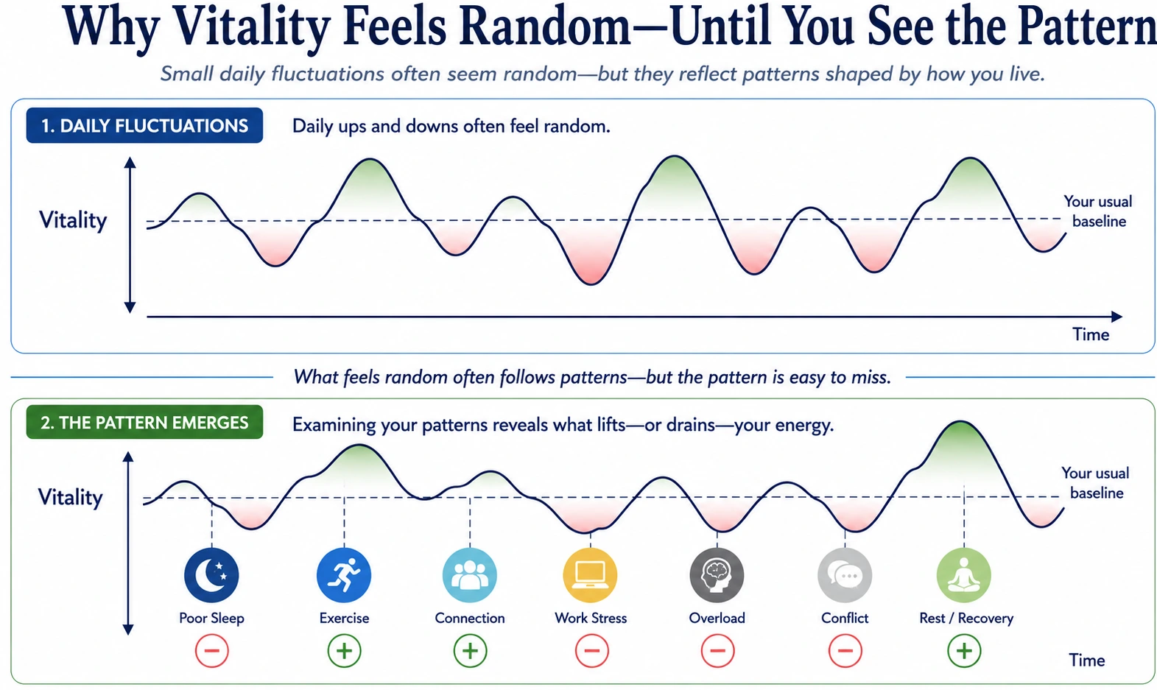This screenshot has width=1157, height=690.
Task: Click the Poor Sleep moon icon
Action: pyautogui.click(x=211, y=575)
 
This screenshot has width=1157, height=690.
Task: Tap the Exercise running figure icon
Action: pyautogui.click(x=344, y=575)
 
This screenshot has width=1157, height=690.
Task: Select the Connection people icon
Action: pyautogui.click(x=470, y=575)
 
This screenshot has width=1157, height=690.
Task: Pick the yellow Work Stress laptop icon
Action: pyautogui.click(x=591, y=575)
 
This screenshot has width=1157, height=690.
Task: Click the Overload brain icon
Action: pyautogui.click(x=717, y=575)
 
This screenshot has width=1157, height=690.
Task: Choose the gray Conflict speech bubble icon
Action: pyautogui.click(x=845, y=575)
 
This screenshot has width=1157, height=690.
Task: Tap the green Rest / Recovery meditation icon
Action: pyautogui.click(x=964, y=575)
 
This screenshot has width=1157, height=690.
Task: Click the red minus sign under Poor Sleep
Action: pyautogui.click(x=212, y=651)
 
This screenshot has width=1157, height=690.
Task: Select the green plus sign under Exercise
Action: pyautogui.click(x=345, y=651)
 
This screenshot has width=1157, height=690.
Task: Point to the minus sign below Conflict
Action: pyautogui.click(x=845, y=651)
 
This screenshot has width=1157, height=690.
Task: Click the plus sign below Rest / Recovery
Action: pyautogui.click(x=964, y=651)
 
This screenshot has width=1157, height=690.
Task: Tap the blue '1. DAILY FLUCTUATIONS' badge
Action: pyautogui.click(x=144, y=125)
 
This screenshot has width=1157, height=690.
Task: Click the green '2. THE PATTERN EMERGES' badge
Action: pyautogui.click(x=144, y=423)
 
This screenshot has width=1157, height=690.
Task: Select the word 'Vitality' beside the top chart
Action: pyautogui.click(x=73, y=220)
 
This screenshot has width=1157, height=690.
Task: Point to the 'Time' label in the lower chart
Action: pyautogui.click(x=1087, y=660)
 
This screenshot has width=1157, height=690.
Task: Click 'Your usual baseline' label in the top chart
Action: pyautogui.click(x=1098, y=211)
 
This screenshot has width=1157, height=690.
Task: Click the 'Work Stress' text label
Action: pyautogui.click(x=591, y=619)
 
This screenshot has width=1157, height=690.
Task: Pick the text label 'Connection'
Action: pyautogui.click(x=470, y=619)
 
